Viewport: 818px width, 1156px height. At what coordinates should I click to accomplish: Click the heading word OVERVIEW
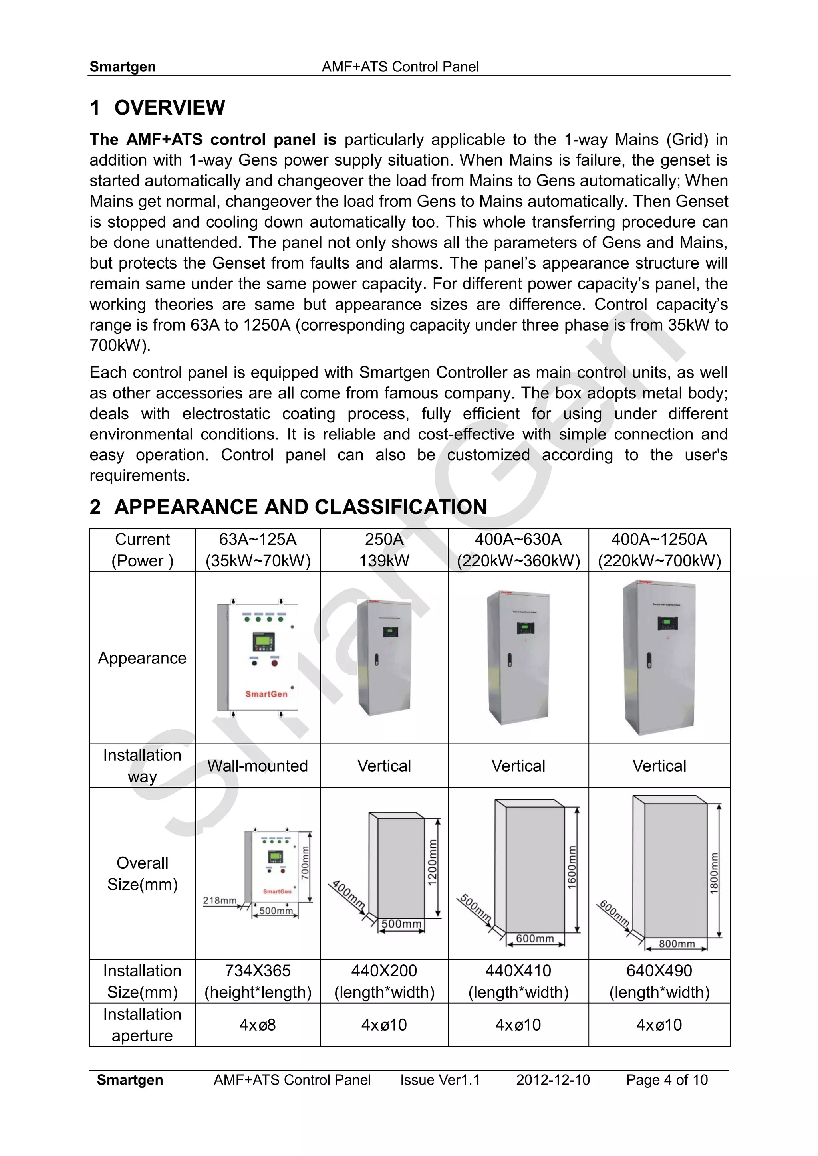[x=169, y=107]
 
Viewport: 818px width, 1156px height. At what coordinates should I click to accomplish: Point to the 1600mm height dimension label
[x=572, y=867]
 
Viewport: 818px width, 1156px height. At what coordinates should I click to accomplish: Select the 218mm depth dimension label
[x=219, y=900]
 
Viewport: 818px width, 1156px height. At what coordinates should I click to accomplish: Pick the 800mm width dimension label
[x=677, y=944]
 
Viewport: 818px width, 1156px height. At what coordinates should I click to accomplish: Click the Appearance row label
[x=142, y=658]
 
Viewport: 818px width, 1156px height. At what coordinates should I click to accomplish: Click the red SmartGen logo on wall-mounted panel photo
[x=266, y=694]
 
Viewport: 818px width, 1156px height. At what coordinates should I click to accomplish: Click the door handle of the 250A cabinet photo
[x=376, y=659]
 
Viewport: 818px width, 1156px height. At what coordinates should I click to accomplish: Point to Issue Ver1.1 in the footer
[x=440, y=1080]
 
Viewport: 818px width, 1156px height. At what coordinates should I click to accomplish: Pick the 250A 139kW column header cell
[x=384, y=550]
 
